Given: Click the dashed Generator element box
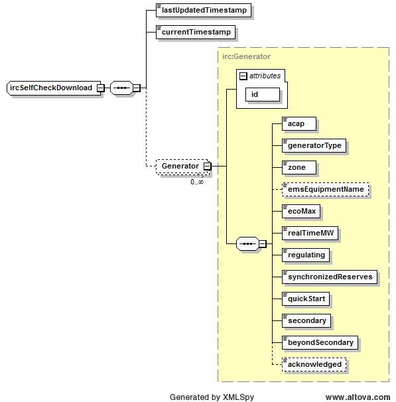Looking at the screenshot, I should click(x=180, y=166).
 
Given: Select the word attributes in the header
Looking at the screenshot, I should click(x=265, y=76).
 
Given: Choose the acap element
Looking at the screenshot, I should click(x=297, y=123).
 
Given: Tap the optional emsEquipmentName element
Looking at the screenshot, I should click(x=325, y=189).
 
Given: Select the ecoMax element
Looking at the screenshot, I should click(x=301, y=211).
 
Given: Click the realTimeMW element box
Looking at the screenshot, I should click(x=310, y=233).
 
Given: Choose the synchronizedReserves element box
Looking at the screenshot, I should click(x=330, y=277).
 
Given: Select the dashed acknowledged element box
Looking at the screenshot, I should click(x=314, y=364).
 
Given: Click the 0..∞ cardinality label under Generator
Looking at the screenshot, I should click(x=197, y=182).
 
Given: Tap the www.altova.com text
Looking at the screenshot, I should click(x=358, y=397).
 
